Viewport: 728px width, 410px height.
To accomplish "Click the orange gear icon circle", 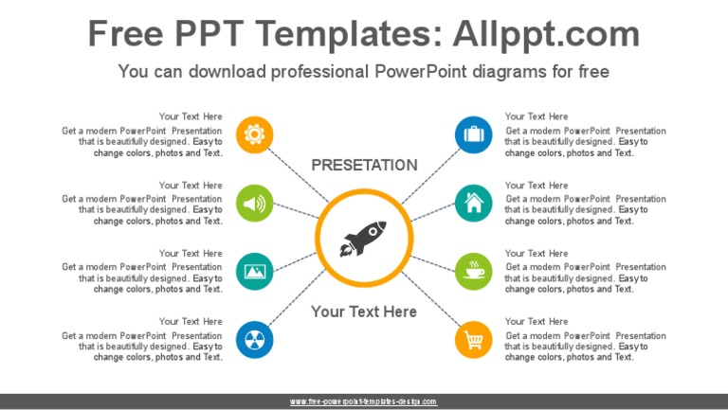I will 254,134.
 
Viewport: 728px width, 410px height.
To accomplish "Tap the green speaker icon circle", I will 254,203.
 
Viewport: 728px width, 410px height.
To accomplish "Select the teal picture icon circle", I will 254,271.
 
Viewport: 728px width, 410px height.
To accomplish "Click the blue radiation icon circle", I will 254,339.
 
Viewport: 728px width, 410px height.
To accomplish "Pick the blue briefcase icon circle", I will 473,134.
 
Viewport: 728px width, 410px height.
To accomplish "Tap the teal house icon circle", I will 473,203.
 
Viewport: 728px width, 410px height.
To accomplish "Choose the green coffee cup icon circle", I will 473,271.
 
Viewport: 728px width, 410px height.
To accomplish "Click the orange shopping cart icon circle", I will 473,339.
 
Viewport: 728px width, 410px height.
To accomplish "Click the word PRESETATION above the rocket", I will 364,165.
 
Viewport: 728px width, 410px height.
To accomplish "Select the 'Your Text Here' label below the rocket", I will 364,312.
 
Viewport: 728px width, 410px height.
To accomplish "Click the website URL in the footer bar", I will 364,401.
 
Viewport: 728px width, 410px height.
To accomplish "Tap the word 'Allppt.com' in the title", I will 546,35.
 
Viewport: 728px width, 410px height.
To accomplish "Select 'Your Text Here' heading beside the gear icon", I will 191,117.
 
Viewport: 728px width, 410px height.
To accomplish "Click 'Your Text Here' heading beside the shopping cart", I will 537,322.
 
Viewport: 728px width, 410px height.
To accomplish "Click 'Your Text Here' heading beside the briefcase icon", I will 537,117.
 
